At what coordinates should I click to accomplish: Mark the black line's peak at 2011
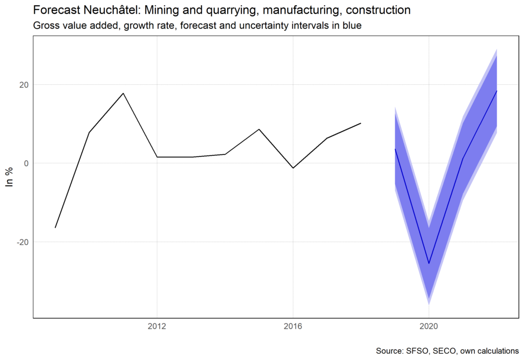pos(123,93)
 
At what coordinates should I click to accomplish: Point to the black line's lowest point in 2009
pos(55,228)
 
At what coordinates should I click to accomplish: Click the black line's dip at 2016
pos(293,168)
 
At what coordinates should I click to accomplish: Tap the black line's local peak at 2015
pos(259,129)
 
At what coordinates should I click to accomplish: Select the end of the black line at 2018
pos(361,123)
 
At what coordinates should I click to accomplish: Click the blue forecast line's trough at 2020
pos(429,263)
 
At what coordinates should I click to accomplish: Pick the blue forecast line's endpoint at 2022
pos(497,91)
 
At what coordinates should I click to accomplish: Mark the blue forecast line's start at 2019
pos(395,149)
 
